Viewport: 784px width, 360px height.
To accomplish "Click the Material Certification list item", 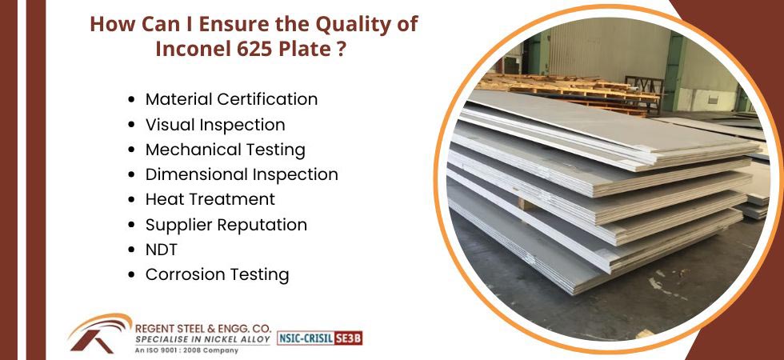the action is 231,99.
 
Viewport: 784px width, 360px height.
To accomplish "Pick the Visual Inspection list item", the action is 215,125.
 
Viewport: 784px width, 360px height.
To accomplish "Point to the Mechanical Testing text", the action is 226,150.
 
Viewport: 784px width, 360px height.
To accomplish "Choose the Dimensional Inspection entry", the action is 242,174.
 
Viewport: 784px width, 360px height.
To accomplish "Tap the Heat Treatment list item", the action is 210,199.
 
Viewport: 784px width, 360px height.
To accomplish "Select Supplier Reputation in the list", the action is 226,225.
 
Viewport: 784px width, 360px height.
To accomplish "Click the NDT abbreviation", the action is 161,250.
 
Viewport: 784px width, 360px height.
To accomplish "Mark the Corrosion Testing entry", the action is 218,274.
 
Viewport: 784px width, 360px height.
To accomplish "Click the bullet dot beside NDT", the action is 131,250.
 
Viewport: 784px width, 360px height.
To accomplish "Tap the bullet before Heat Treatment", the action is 131,199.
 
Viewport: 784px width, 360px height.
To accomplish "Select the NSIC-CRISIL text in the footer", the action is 306,338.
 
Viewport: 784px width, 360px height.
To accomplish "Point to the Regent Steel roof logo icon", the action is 99,333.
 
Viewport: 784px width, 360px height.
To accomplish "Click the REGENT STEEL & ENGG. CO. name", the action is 203,329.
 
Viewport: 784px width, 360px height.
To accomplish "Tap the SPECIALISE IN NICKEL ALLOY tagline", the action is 203,340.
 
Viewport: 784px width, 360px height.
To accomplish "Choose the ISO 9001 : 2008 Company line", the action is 180,350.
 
